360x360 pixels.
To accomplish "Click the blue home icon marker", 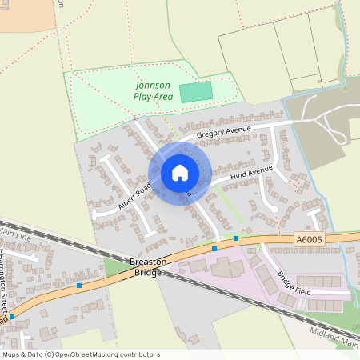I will pos(180,173).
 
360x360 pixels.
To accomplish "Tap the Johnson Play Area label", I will pos(153,90).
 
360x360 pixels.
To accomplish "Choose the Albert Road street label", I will pos(134,196).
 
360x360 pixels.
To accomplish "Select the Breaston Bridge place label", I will pos(146,267).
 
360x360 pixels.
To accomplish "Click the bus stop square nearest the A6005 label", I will pos(236,238).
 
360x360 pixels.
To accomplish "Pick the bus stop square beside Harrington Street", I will pos(12,317).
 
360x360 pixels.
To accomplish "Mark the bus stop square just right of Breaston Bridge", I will pos(214,248).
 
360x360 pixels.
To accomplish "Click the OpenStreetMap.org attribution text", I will pos(103,354).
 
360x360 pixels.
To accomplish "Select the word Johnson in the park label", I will pos(153,85).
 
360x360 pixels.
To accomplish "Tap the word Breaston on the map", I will pos(146,262).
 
